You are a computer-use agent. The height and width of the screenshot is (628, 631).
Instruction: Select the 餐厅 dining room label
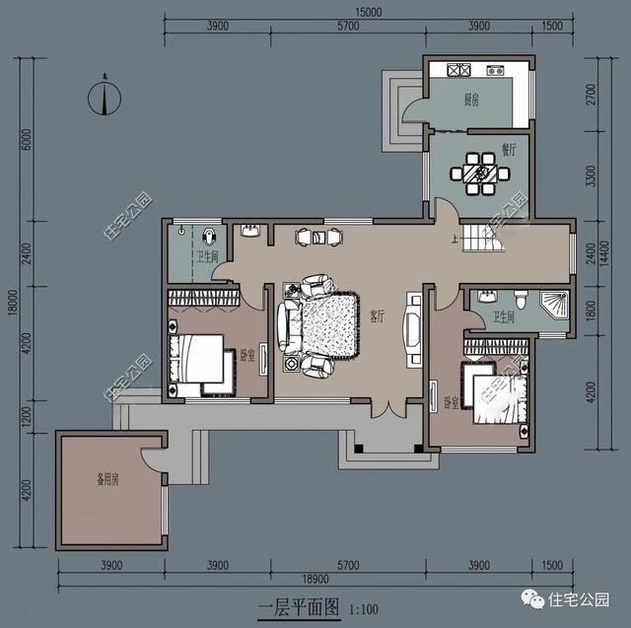click(509, 150)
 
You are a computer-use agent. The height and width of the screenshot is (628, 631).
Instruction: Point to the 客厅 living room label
click(377, 316)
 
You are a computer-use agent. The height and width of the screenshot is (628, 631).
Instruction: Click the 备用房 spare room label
click(107, 480)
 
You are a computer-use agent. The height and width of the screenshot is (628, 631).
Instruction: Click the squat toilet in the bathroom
click(211, 237)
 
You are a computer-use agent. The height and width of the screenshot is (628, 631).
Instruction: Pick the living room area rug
click(323, 325)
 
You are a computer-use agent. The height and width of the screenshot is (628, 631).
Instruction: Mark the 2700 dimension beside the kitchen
click(593, 93)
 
